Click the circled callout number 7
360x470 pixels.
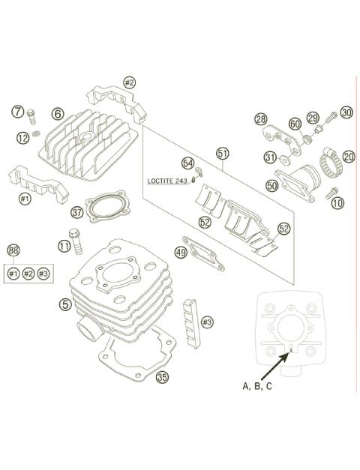18,112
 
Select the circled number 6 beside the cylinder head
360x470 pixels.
58,114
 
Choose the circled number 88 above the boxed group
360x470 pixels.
13,250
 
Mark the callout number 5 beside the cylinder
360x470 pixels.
67,304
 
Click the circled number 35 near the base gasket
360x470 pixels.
162,377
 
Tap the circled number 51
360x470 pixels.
223,154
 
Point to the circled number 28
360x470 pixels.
260,119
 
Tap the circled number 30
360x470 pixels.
346,113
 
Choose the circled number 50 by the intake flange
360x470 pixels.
271,184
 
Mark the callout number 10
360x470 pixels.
337,202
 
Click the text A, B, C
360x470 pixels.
257,386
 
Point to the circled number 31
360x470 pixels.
270,157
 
